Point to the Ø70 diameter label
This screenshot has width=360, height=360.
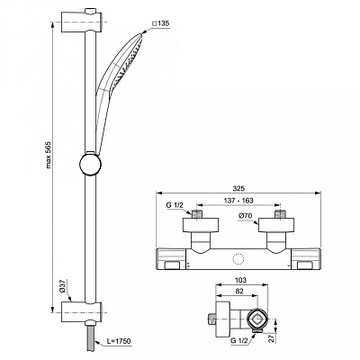pos(244,216)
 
